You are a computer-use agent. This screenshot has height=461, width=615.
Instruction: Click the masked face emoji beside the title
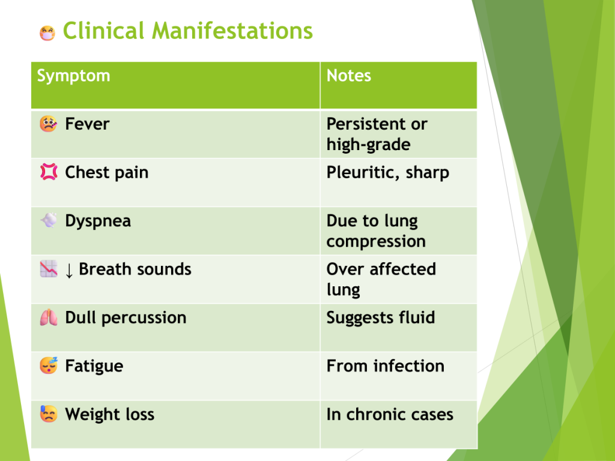point(47,33)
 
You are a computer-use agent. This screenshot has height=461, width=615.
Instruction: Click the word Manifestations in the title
point(232,31)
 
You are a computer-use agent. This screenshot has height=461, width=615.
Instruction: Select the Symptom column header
point(73,76)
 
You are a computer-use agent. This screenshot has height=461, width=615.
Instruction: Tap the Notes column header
point(349,76)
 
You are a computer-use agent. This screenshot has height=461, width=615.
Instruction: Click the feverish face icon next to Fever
point(48,124)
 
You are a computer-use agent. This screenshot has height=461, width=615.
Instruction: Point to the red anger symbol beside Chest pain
point(49,172)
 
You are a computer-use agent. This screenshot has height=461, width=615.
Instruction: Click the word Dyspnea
point(98,221)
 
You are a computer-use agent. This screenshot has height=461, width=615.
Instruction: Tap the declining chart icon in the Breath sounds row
point(49,269)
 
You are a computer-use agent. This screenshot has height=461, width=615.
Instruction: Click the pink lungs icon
point(49,318)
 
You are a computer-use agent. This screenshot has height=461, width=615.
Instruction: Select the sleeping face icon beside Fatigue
point(49,366)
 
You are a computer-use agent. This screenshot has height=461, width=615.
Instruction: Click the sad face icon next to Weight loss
point(49,414)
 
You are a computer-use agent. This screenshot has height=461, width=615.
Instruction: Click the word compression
point(376,242)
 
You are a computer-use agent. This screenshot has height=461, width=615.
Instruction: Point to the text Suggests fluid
point(381,318)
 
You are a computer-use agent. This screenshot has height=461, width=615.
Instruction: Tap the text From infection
point(386,366)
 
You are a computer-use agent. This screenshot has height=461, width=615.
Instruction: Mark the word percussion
point(144,318)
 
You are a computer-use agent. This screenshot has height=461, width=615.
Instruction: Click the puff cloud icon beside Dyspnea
point(49,220)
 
